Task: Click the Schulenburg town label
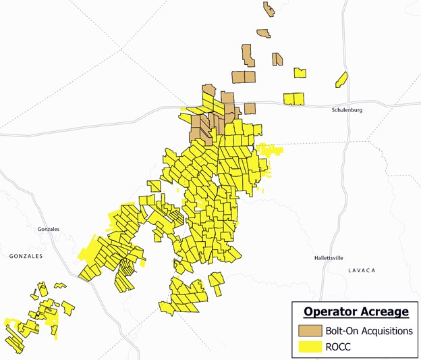click(x=348, y=109)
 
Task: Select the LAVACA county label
click(x=362, y=270)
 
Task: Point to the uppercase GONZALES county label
click(x=26, y=257)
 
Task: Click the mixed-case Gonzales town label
click(x=49, y=230)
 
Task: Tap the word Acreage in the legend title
click(x=383, y=311)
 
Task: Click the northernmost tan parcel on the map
click(x=268, y=9)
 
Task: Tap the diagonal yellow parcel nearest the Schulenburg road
click(x=341, y=80)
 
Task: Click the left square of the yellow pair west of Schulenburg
click(x=289, y=99)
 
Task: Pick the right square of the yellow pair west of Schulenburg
click(x=300, y=99)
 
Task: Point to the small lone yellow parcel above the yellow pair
click(x=300, y=72)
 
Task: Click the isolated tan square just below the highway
click(x=250, y=109)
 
